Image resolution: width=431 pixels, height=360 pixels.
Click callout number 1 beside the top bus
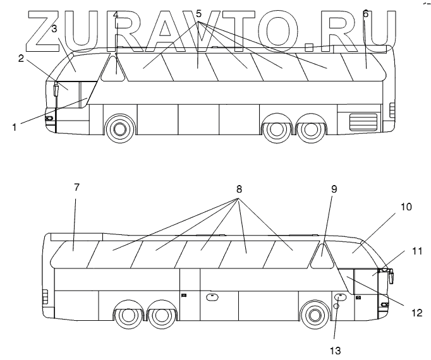click(x=14, y=126)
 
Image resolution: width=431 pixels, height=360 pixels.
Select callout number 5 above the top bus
click(x=198, y=13)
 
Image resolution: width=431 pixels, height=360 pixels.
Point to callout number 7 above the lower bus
click(x=76, y=188)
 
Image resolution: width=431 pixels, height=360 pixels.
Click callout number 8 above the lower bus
click(x=240, y=188)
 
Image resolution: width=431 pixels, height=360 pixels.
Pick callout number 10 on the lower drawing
click(x=405, y=207)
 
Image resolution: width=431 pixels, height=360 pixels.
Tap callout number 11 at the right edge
click(x=416, y=251)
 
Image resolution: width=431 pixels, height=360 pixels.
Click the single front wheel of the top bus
click(x=118, y=129)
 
